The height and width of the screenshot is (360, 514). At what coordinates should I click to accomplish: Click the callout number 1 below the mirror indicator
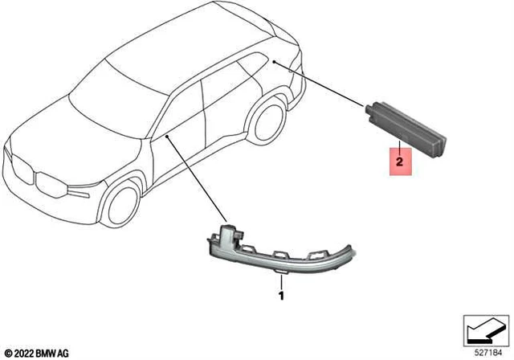[280, 297]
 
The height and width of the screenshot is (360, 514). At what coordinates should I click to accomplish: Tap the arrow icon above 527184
[484, 330]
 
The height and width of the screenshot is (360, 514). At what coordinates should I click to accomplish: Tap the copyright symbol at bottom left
[7, 351]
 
